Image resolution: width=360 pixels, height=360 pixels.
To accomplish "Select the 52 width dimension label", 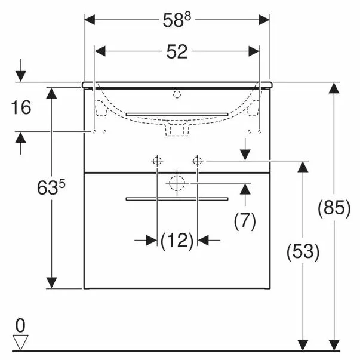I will point(177,52).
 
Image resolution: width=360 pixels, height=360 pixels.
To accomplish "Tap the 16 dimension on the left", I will point(21,107).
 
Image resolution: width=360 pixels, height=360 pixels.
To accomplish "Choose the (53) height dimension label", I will point(303,251).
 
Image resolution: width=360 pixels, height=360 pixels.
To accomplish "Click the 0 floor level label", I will point(21,325).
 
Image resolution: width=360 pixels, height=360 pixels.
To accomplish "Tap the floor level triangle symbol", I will point(21,342).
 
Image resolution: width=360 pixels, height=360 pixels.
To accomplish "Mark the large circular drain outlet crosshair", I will point(177,183).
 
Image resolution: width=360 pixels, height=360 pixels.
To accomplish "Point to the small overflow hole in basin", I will point(176,94).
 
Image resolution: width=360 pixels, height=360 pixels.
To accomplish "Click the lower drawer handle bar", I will point(177,198).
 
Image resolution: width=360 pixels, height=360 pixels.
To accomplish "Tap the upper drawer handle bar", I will point(177,113).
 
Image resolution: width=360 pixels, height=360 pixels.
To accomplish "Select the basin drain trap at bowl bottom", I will point(177,129).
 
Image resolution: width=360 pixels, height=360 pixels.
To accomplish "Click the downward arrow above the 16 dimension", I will point(21,73).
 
